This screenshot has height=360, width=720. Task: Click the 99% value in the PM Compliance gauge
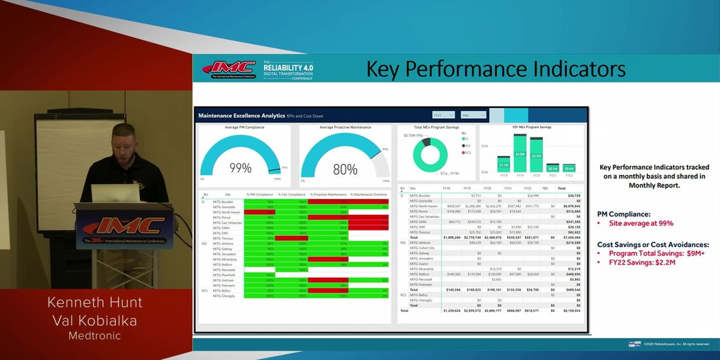240,169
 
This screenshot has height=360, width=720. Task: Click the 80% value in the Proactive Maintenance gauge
345,170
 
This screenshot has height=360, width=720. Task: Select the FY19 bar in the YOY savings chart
520,154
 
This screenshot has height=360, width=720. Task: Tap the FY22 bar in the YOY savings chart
568,169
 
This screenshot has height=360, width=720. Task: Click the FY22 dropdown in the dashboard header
444,115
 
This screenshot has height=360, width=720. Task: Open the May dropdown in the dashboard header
473,115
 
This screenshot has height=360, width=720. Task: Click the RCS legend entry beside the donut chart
467,153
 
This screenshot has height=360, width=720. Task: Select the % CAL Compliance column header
291,194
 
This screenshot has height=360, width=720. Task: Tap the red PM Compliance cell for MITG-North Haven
259,212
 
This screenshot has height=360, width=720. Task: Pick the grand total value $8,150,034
569,311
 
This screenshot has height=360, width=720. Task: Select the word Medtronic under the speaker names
94,336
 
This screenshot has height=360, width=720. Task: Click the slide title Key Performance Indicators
496,68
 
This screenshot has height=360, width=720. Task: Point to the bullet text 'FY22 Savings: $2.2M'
641,262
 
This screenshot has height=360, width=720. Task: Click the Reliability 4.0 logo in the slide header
288,70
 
